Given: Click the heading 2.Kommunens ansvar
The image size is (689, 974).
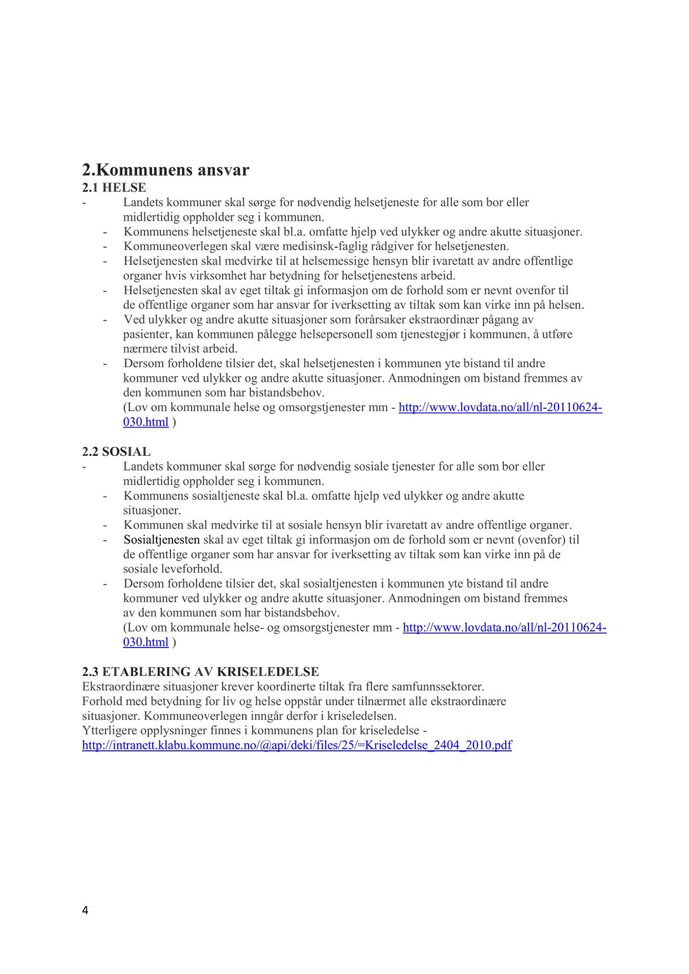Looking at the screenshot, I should coord(165,170).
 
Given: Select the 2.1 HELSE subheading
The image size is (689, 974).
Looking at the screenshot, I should coord(114,188).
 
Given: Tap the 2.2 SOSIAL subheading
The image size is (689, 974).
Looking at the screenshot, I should coord(116,451).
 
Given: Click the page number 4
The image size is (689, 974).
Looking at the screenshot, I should coord(85,911).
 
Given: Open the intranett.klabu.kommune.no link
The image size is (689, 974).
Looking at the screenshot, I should coord(297,745).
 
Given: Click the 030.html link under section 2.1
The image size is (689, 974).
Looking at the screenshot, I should coord(146,422).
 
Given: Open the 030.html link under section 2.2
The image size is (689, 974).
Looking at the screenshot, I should coord(146,642).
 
